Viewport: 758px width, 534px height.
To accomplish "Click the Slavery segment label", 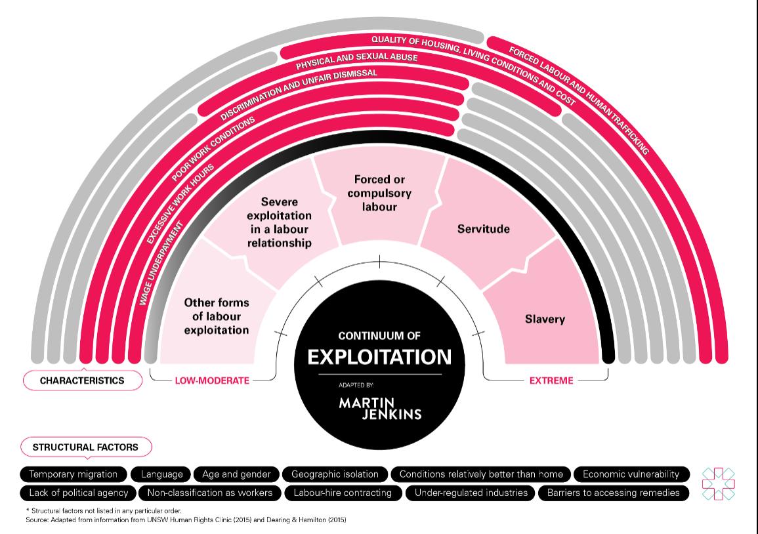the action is [x=545, y=319].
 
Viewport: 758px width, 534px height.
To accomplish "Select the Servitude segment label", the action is [x=483, y=229].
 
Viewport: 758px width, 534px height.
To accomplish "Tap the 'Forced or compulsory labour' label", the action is [x=379, y=193].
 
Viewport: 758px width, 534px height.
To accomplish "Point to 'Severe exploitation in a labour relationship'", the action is [x=279, y=222].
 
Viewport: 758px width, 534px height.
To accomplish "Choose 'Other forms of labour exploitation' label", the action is [x=217, y=316].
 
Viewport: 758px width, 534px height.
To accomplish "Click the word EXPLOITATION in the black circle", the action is [x=379, y=357].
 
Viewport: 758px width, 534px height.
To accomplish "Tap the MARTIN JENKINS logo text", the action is [x=380, y=408].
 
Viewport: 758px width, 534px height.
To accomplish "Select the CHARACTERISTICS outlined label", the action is [x=82, y=380].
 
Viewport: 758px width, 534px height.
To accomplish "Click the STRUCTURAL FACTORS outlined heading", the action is [x=85, y=447].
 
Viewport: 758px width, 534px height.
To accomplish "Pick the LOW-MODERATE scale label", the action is [x=211, y=380].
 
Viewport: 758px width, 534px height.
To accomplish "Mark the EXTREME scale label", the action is [x=551, y=380].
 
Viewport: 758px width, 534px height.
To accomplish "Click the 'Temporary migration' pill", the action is [x=73, y=474].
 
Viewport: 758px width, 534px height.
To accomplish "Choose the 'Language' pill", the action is [x=161, y=474].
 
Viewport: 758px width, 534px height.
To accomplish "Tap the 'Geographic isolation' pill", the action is [x=335, y=474].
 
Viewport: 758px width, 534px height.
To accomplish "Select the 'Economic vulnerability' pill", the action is [x=631, y=474].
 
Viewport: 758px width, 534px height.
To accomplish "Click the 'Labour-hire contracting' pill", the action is [x=342, y=492].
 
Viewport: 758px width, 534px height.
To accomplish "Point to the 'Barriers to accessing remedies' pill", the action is [x=613, y=492].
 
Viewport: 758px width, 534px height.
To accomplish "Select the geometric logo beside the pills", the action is [x=718, y=483].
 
